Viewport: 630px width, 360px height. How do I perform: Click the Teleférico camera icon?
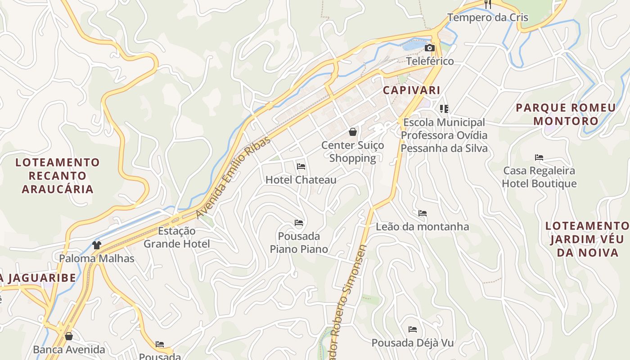[x=430, y=48]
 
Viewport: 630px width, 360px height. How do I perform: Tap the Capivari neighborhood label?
[x=411, y=90]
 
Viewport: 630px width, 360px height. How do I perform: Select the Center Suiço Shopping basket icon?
[x=353, y=132]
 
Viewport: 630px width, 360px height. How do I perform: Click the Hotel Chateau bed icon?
[x=301, y=166]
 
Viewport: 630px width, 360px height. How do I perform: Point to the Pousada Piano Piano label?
[x=299, y=243]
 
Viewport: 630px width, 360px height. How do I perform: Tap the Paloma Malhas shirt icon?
[x=97, y=245]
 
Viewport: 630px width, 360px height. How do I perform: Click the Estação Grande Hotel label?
[x=176, y=238]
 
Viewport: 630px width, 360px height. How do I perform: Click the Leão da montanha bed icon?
[x=422, y=213]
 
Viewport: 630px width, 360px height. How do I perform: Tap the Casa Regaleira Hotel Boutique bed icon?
[x=539, y=157]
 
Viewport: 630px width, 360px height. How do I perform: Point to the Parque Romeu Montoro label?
[x=566, y=114]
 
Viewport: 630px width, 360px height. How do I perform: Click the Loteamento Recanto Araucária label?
[x=58, y=175]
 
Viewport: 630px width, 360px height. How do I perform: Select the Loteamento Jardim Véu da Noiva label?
[x=587, y=239]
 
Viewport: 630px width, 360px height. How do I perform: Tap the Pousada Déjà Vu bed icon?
[x=412, y=329]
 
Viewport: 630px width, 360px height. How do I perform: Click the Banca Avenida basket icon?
[x=69, y=336]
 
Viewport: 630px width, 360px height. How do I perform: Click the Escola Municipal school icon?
[x=444, y=108]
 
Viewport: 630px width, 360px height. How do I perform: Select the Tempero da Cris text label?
[x=487, y=18]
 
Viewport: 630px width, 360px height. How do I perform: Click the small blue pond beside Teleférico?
[x=413, y=45]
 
